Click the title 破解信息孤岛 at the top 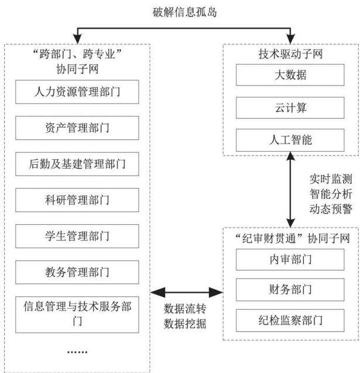tap(184, 12)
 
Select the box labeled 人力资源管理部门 tap(77, 92)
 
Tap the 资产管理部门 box tap(77, 128)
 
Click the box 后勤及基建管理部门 tap(77, 164)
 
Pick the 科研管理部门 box tap(77, 200)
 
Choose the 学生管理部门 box tap(77, 236)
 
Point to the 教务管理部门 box tap(77, 272)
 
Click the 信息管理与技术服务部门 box tap(77, 314)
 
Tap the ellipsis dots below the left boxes tap(77, 352)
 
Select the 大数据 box tap(290, 75)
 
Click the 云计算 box tap(290, 108)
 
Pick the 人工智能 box tap(290, 140)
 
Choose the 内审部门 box tap(290, 259)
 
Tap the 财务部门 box tap(290, 290)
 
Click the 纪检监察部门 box tap(290, 320)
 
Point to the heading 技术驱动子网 tap(290, 54)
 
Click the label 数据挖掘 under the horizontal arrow tap(185, 324)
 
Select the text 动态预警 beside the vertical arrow tap(331, 209)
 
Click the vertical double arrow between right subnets tap(290, 190)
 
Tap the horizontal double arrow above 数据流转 tap(187, 292)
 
